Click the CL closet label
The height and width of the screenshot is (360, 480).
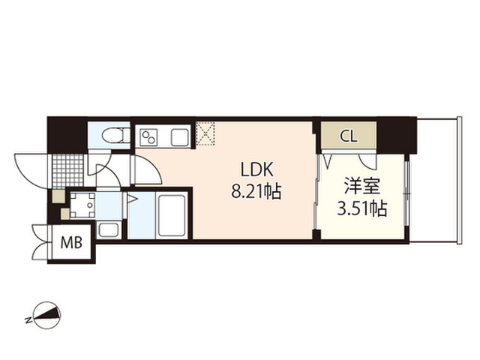[349, 136]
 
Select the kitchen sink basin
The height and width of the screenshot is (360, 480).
[180, 138]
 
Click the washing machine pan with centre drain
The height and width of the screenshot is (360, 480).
[85, 203]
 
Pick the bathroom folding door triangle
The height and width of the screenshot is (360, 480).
[130, 201]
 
